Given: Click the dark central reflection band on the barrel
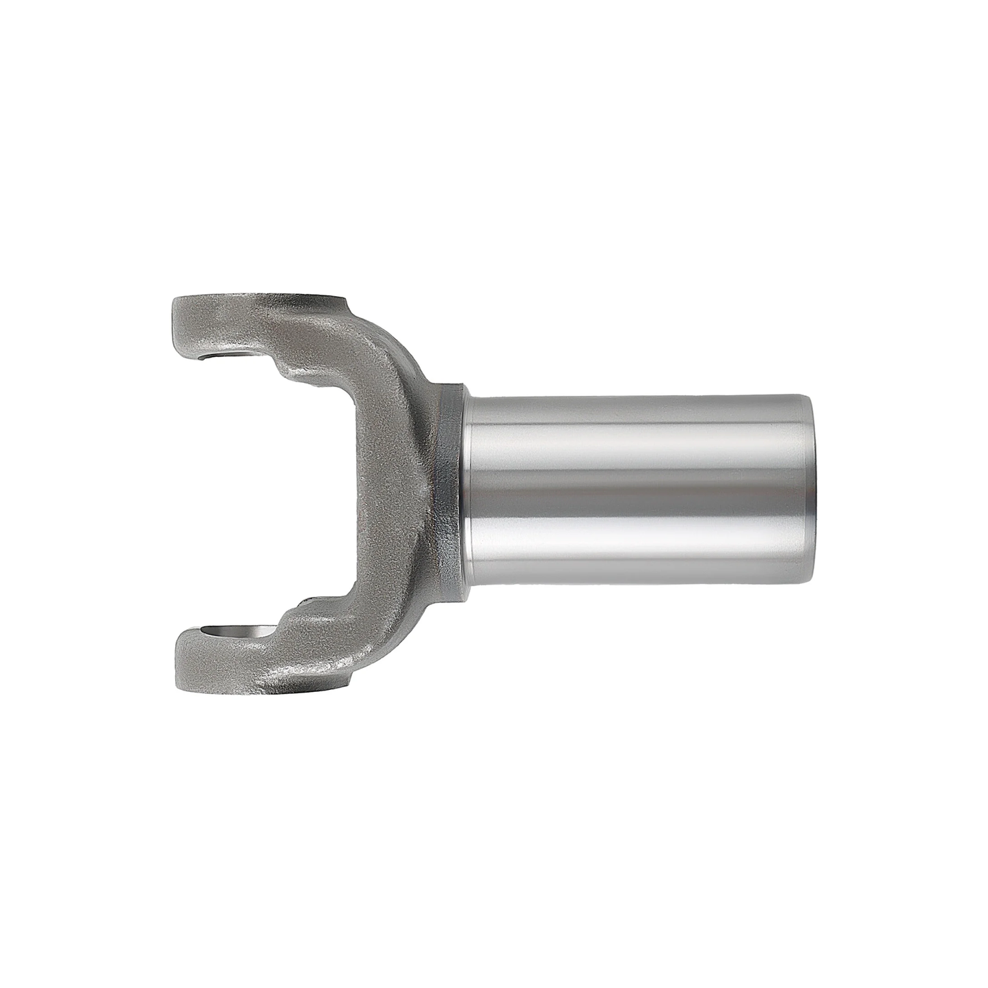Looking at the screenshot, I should pyautogui.click(x=636, y=472).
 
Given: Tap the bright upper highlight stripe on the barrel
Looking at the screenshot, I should pyautogui.click(x=636, y=431).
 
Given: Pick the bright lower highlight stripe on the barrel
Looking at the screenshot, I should pyautogui.click(x=636, y=540).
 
